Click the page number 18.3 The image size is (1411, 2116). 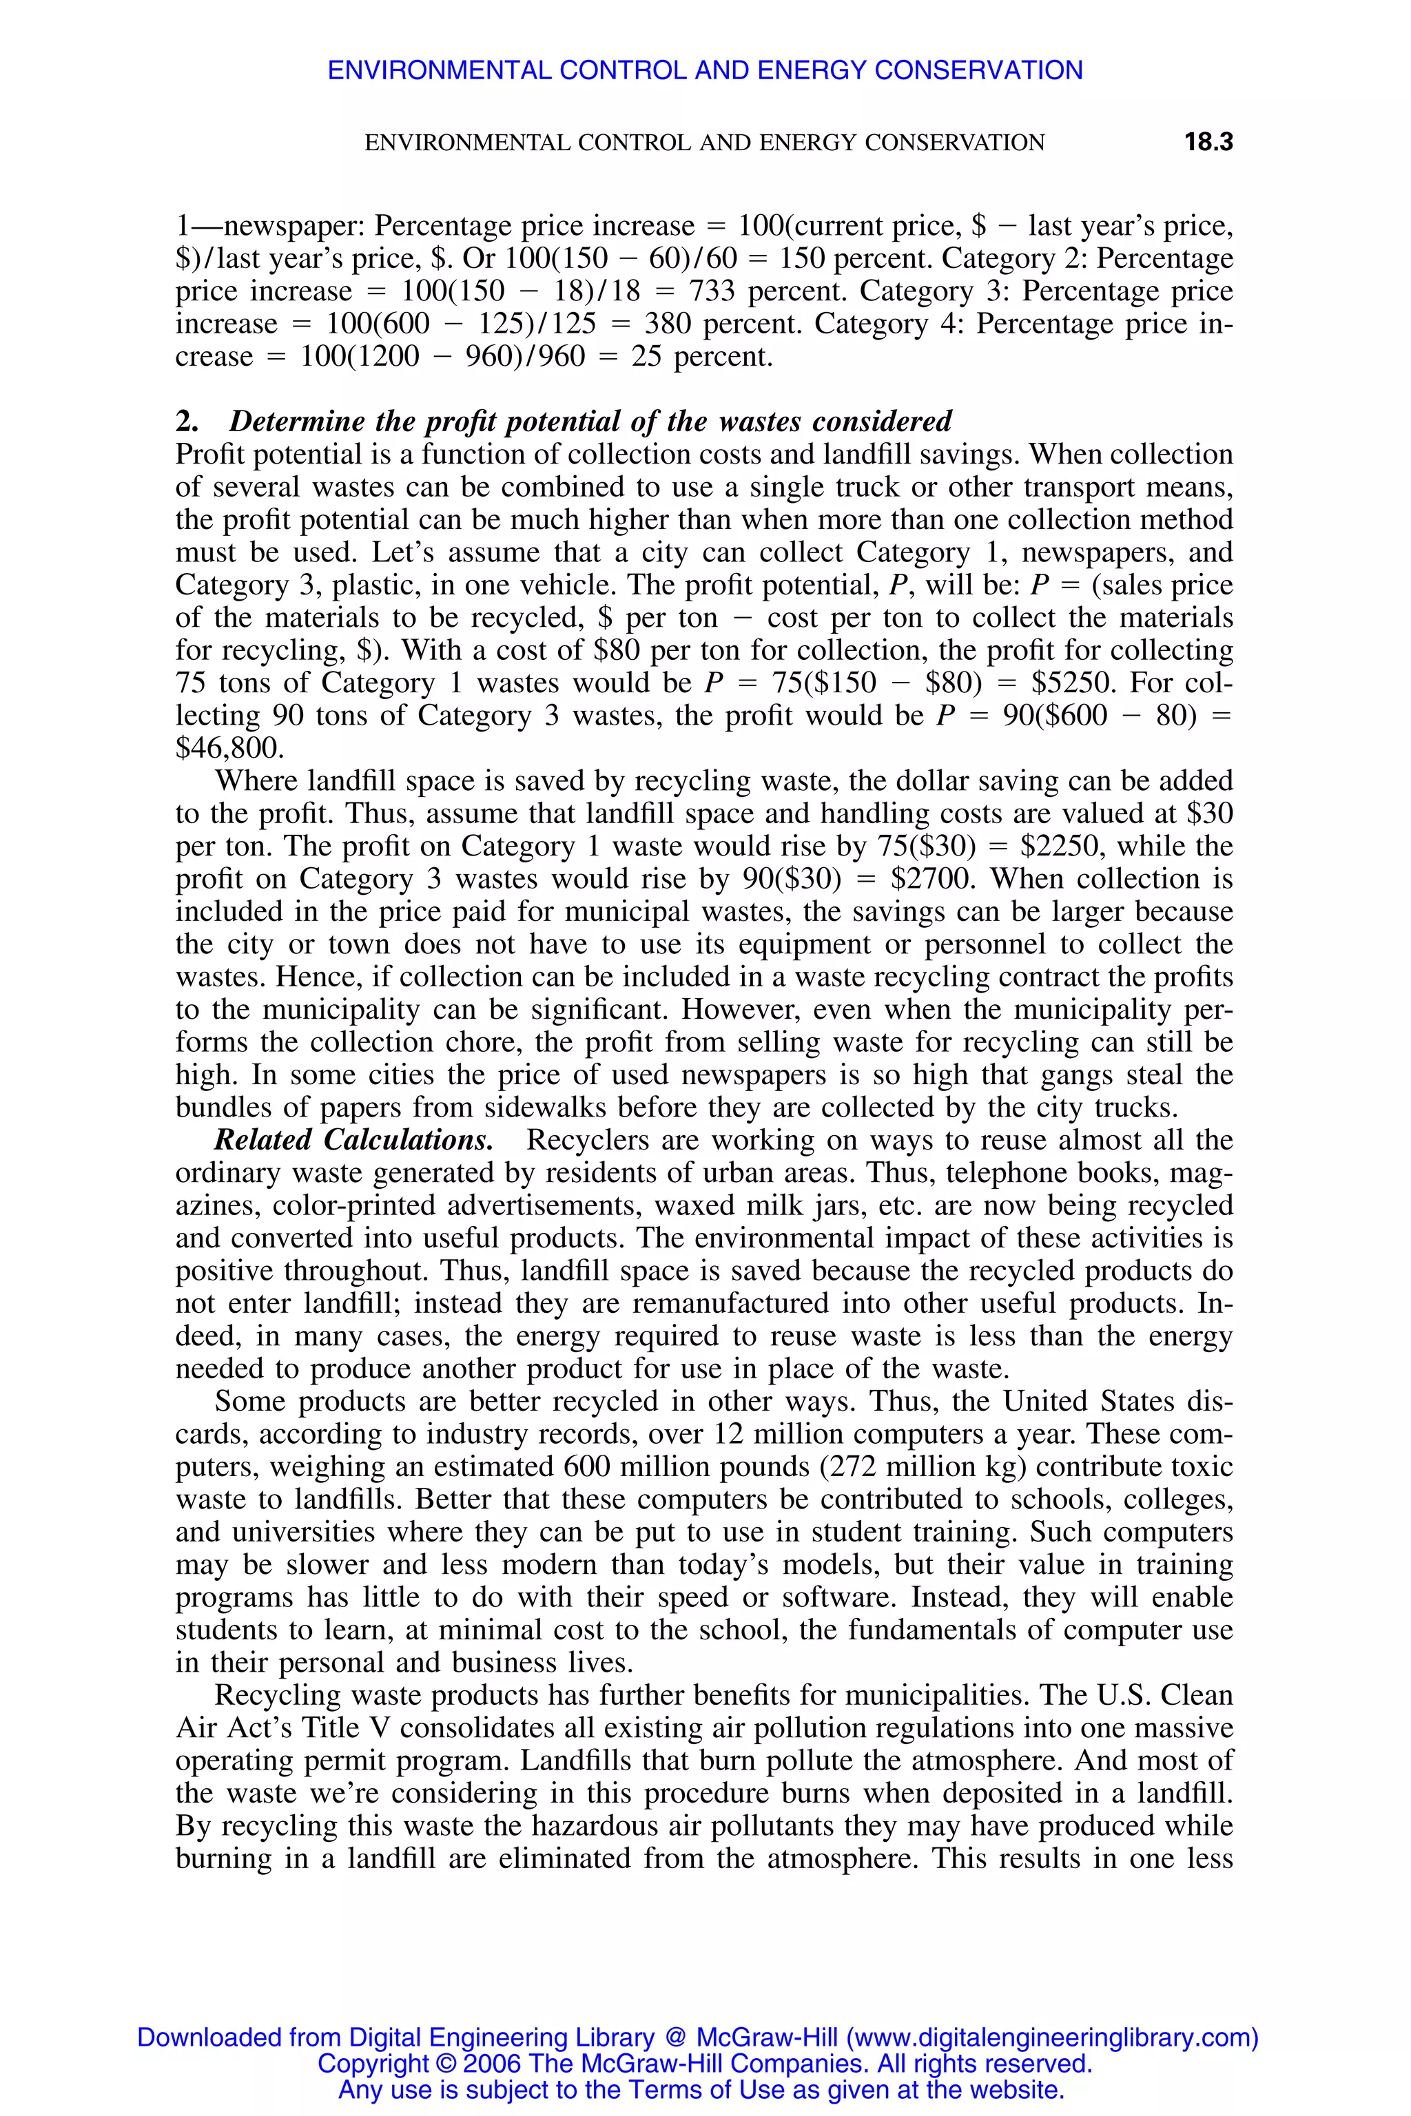[x=1208, y=142]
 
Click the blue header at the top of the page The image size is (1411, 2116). [x=705, y=70]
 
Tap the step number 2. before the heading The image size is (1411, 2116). [x=186, y=422]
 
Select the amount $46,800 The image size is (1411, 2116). [x=229, y=749]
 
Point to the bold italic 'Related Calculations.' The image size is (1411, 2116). [x=353, y=1140]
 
